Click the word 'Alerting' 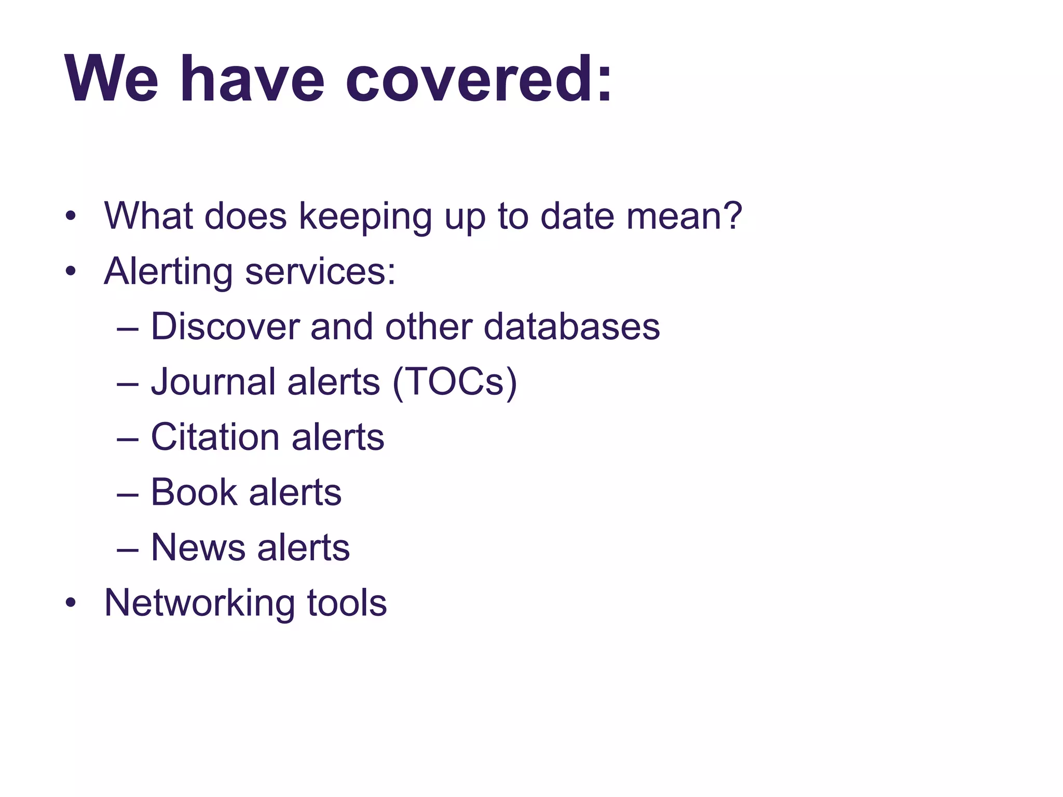click(168, 272)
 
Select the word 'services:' click(320, 272)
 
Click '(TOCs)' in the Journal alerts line click(455, 383)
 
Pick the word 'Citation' click(215, 437)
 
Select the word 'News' click(198, 547)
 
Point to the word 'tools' click(347, 603)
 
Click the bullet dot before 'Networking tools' click(71, 603)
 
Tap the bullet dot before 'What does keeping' click(71, 217)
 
